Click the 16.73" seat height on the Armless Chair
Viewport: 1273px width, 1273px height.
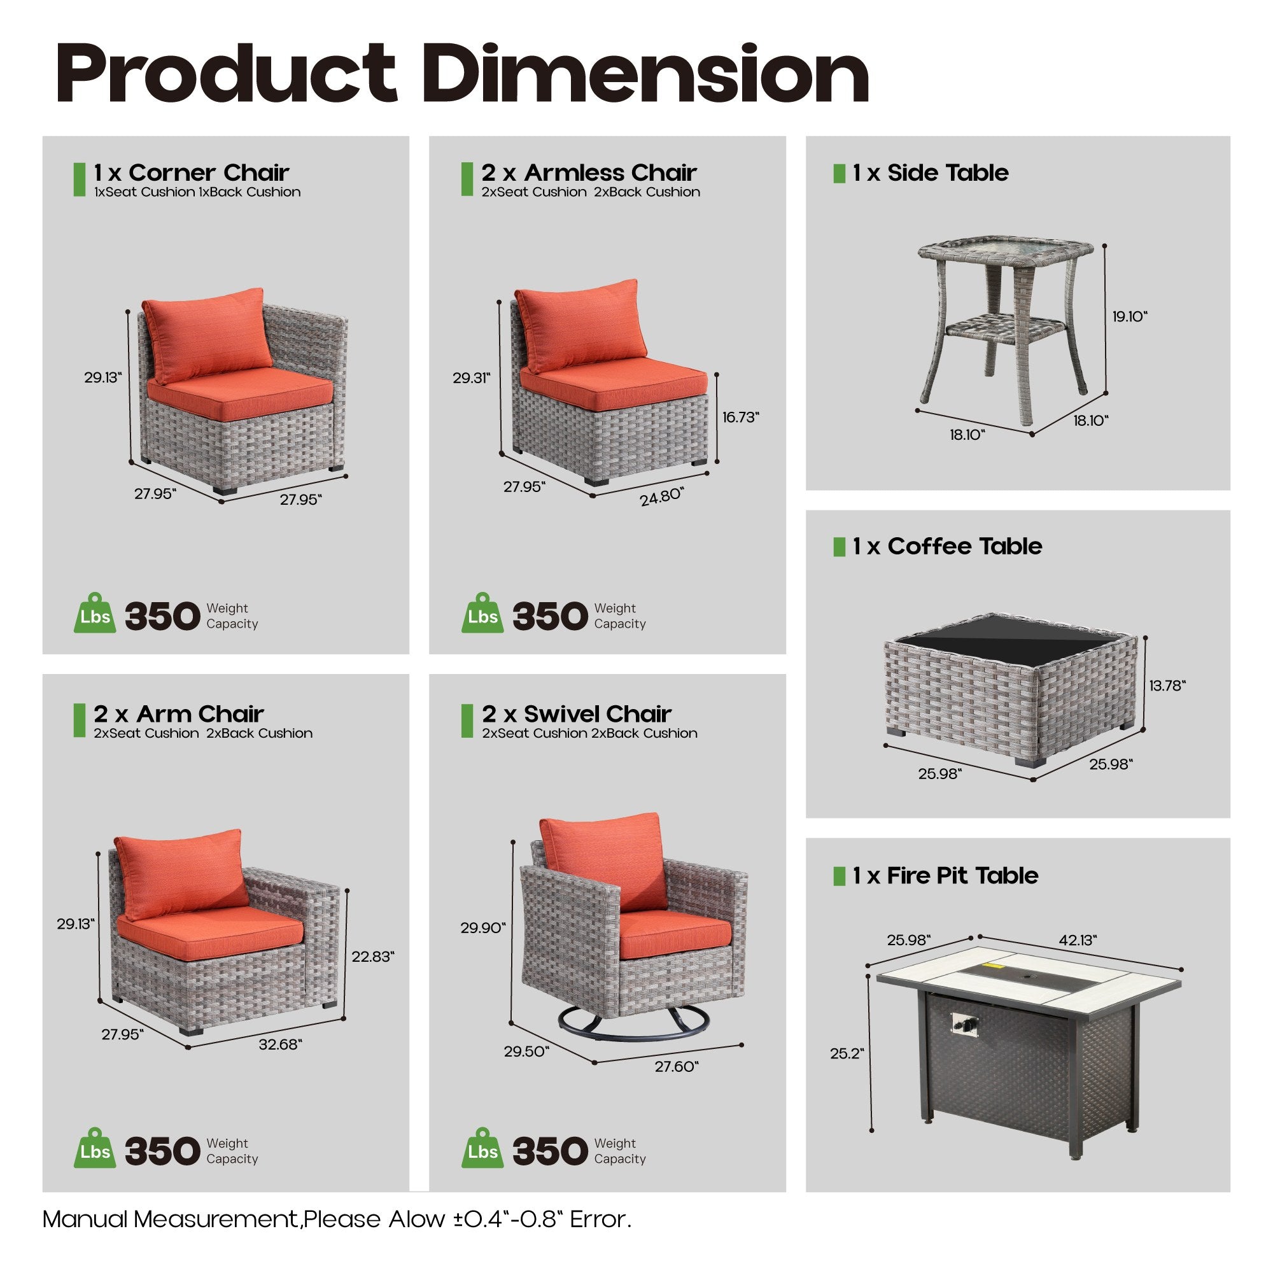740,417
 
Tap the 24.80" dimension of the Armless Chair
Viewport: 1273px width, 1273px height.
661,497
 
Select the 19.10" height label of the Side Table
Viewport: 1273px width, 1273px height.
1129,316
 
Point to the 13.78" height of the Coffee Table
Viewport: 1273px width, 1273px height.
1167,686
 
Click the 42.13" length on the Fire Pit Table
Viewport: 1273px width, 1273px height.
1078,940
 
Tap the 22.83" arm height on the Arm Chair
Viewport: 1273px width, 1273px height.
372,956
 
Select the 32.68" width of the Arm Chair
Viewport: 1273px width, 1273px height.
280,1044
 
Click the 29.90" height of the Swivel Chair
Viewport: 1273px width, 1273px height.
483,928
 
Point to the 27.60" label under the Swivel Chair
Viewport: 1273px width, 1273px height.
676,1066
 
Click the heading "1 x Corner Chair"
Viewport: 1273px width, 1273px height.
191,172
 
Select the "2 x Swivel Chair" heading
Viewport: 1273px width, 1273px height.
577,714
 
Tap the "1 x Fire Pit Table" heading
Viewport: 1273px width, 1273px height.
945,876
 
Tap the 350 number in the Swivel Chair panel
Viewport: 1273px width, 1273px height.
549,1151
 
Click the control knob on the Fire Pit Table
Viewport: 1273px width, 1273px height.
964,1024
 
